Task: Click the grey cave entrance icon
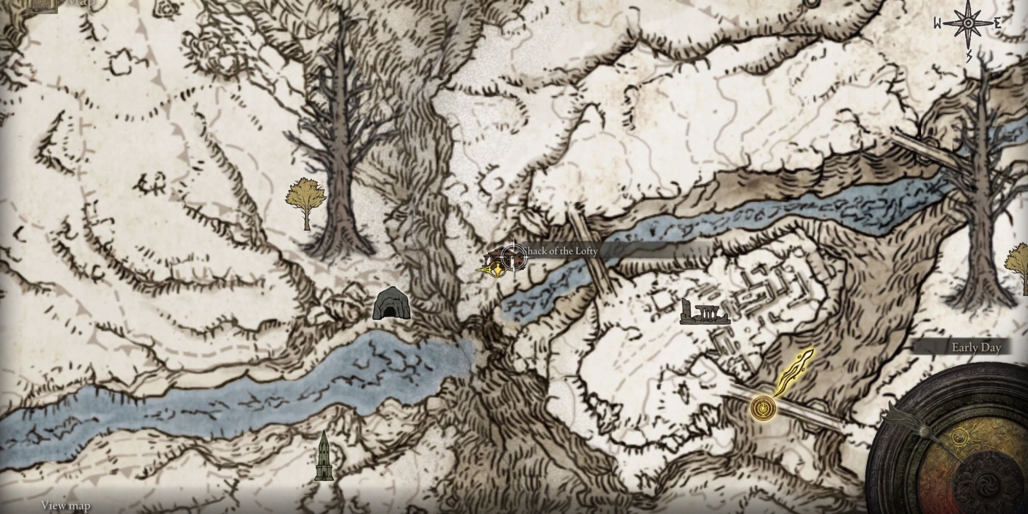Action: coord(392,303)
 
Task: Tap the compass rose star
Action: coord(967,24)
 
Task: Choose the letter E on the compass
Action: coord(997,24)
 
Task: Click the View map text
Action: coord(66,505)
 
